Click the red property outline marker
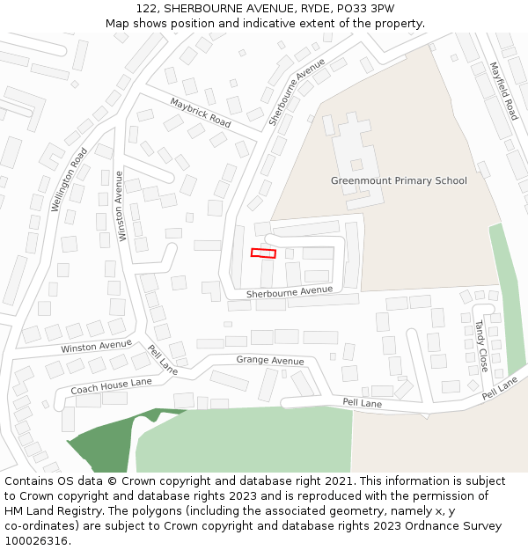(x=263, y=253)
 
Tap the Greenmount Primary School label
(x=399, y=180)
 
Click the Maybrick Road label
(x=201, y=114)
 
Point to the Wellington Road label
(x=69, y=180)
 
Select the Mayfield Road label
(x=503, y=92)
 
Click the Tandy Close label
(x=481, y=345)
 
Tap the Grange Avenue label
(x=269, y=361)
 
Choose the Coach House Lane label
(x=111, y=386)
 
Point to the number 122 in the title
(x=146, y=8)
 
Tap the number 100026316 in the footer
(x=37, y=541)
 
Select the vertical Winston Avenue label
(x=121, y=206)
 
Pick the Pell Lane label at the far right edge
(x=500, y=389)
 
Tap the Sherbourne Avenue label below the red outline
(x=289, y=291)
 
